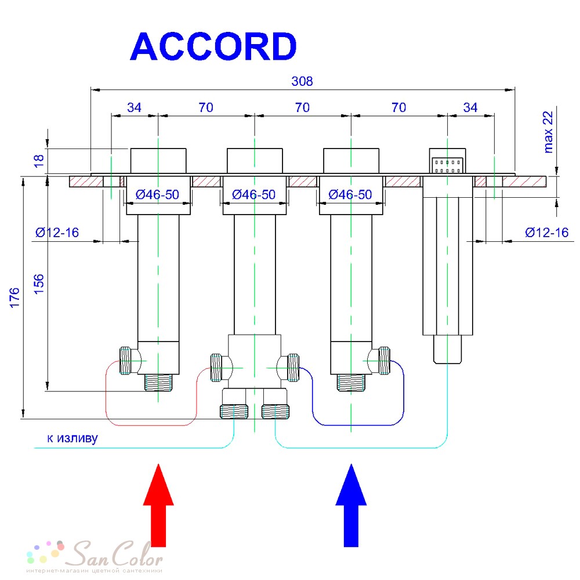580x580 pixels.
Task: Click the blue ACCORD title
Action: pyautogui.click(x=213, y=46)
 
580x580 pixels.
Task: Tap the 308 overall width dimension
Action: pyautogui.click(x=302, y=81)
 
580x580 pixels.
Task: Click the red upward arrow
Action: pyautogui.click(x=158, y=505)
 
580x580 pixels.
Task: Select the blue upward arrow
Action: pyautogui.click(x=351, y=505)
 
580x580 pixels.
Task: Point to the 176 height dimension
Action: pyautogui.click(x=14, y=298)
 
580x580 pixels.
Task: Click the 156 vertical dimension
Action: pyautogui.click(x=39, y=284)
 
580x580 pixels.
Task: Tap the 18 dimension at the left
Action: pyautogui.click(x=39, y=161)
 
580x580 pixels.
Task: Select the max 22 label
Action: pyautogui.click(x=548, y=132)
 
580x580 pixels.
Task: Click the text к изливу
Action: pyautogui.click(x=72, y=438)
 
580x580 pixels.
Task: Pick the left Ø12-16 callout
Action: pyautogui.click(x=57, y=233)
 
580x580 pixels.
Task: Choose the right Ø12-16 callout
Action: pyautogui.click(x=547, y=233)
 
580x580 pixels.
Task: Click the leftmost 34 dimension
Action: pyautogui.click(x=134, y=107)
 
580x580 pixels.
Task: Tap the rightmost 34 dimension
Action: pyautogui.click(x=470, y=107)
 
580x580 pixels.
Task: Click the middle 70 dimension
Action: pyautogui.click(x=302, y=107)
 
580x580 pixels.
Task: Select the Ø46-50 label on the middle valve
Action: pyautogui.click(x=254, y=194)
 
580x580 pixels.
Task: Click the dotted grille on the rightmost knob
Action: pyautogui.click(x=448, y=165)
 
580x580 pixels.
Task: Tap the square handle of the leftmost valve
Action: pyautogui.click(x=158, y=161)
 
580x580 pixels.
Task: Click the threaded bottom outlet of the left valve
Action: pyautogui.click(x=158, y=382)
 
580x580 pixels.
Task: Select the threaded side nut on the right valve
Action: pyautogui.click(x=385, y=361)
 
